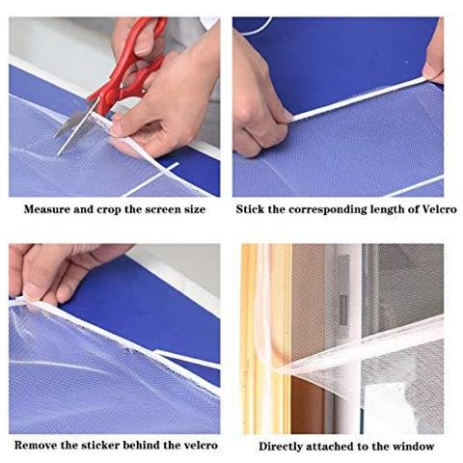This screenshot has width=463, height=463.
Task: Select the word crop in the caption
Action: (x=109, y=210)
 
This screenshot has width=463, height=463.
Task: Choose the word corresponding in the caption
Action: (x=327, y=210)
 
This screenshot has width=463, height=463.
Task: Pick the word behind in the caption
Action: (x=141, y=446)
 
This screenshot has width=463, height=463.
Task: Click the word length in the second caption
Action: (x=390, y=210)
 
